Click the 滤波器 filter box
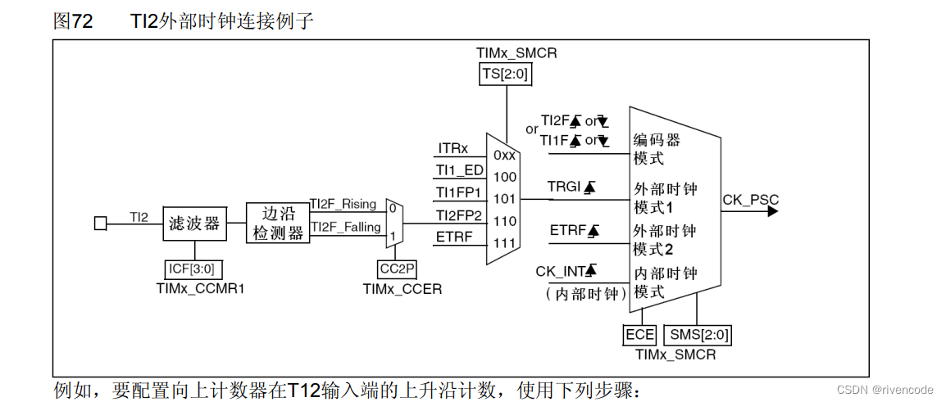[x=194, y=224]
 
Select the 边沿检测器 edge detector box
[x=277, y=223]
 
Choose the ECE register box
[x=640, y=334]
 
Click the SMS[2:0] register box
[x=699, y=334]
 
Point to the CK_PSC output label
[x=751, y=200]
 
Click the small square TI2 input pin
[x=100, y=223]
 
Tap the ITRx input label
[x=453, y=149]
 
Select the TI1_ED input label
[x=460, y=171]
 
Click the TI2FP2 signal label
[x=459, y=215]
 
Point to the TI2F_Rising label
[x=342, y=204]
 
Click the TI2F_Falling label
[x=343, y=227]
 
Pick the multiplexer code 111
[x=505, y=242]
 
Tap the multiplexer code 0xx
[x=505, y=155]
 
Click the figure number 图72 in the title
[x=73, y=22]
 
